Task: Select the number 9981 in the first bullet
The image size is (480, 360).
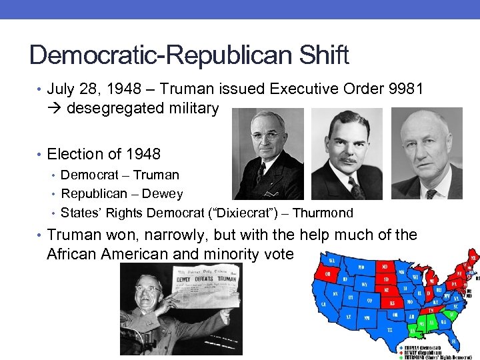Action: pos(401,89)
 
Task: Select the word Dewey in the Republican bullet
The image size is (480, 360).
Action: pos(164,194)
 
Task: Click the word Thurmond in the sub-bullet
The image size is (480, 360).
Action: pos(322,213)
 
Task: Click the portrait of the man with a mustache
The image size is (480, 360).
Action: pos(347,154)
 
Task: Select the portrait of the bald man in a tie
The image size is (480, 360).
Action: pos(426,154)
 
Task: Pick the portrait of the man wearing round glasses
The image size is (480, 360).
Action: pos(268,154)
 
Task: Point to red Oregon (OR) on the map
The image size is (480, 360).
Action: pos(329,273)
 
